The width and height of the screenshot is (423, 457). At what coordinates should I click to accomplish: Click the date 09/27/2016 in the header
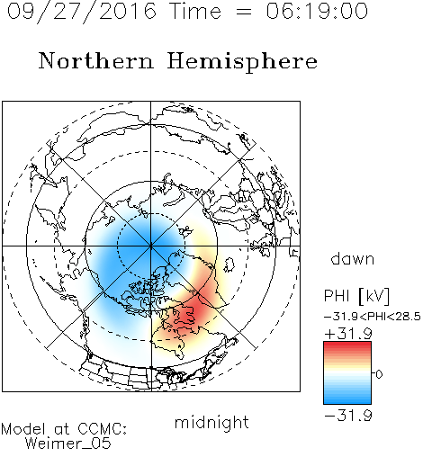[x=82, y=12]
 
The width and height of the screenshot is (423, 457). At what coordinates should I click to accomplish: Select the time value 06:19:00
[x=317, y=11]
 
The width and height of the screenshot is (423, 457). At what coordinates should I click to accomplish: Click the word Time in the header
[x=195, y=11]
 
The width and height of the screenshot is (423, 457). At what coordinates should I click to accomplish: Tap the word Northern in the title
[x=96, y=60]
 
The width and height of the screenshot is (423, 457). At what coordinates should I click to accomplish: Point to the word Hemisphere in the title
[x=242, y=62]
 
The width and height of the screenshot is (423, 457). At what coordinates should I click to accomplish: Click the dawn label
[x=353, y=258]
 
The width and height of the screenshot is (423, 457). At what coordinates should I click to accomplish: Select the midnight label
[x=211, y=422]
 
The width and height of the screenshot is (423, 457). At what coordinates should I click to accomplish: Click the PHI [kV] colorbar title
[x=356, y=296]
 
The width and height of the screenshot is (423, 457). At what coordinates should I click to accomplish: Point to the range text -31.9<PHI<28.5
[x=373, y=317]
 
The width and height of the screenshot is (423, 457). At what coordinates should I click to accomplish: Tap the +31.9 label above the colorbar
[x=348, y=334]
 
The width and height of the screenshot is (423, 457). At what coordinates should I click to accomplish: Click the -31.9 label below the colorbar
[x=348, y=416]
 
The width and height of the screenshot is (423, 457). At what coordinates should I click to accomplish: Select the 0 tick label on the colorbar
[x=379, y=374]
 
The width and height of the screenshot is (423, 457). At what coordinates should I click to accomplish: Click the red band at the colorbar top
[x=347, y=345]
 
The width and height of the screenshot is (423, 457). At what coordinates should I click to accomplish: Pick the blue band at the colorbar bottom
[x=347, y=399]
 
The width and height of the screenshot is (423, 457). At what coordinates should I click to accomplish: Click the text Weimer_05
[x=68, y=444]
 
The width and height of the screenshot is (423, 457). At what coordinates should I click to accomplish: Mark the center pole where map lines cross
[x=151, y=246]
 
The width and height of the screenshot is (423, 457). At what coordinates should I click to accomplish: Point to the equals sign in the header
[x=244, y=12]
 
